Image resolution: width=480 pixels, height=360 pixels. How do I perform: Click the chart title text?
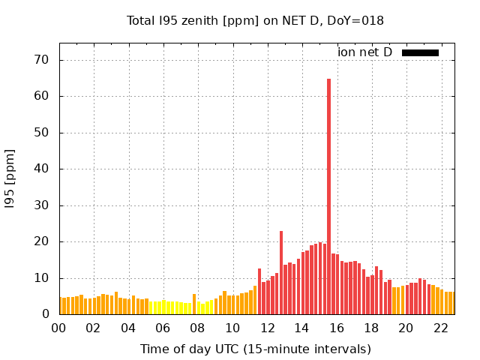pyautogui.click(x=255, y=20)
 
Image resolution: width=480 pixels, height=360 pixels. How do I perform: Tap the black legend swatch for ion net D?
pyautogui.click(x=420, y=52)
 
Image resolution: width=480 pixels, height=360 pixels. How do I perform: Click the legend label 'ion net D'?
pyautogui.click(x=364, y=52)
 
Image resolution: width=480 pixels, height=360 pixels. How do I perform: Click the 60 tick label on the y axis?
pyautogui.click(x=41, y=96)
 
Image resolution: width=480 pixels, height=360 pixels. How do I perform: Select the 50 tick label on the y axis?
pyautogui.click(x=41, y=133)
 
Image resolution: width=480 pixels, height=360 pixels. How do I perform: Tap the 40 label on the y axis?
pyautogui.click(x=41, y=169)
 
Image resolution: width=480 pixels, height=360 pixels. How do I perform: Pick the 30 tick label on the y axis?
pyautogui.click(x=41, y=205)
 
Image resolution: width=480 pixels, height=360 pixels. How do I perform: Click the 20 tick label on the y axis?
pyautogui.click(x=41, y=241)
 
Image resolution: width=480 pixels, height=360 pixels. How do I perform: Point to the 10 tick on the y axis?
pyautogui.click(x=41, y=278)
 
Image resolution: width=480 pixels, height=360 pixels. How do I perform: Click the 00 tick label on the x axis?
pyautogui.click(x=58, y=328)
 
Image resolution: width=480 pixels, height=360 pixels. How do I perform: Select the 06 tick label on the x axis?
pyautogui.click(x=163, y=328)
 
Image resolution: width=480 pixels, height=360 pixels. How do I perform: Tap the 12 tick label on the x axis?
pyautogui.click(x=267, y=328)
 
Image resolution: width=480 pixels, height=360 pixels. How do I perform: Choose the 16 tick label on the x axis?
pyautogui.click(x=337, y=328)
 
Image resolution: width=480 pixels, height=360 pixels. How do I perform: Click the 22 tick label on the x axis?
pyautogui.click(x=441, y=328)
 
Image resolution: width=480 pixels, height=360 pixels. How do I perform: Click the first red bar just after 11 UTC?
pyautogui.click(x=259, y=292)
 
